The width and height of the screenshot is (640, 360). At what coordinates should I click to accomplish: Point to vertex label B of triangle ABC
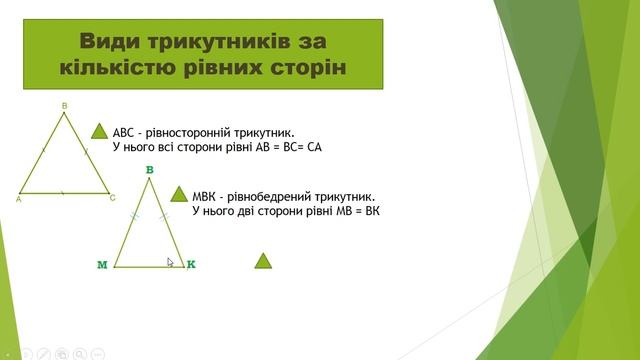click(x=64, y=105)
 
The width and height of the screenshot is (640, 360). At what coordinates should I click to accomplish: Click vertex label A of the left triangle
click(x=19, y=199)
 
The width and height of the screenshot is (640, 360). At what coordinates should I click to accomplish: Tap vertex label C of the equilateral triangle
click(x=113, y=198)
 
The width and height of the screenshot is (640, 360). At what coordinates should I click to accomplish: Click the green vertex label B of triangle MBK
click(x=149, y=171)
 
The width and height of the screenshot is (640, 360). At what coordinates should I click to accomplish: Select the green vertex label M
click(x=102, y=265)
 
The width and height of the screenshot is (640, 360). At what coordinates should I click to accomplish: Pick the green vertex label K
click(x=191, y=264)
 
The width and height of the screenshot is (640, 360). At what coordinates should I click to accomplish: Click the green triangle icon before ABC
click(x=100, y=131)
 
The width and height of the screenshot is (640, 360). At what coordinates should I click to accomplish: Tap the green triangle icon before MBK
click(x=181, y=195)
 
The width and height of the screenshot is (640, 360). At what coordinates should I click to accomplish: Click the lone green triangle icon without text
click(x=263, y=261)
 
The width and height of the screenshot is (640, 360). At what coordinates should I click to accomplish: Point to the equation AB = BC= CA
click(x=281, y=147)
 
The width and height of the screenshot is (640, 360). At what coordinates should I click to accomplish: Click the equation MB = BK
click(x=352, y=211)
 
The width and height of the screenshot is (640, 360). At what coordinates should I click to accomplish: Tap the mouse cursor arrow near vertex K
click(x=170, y=263)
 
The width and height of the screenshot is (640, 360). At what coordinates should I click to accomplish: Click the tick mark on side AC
click(x=64, y=192)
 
